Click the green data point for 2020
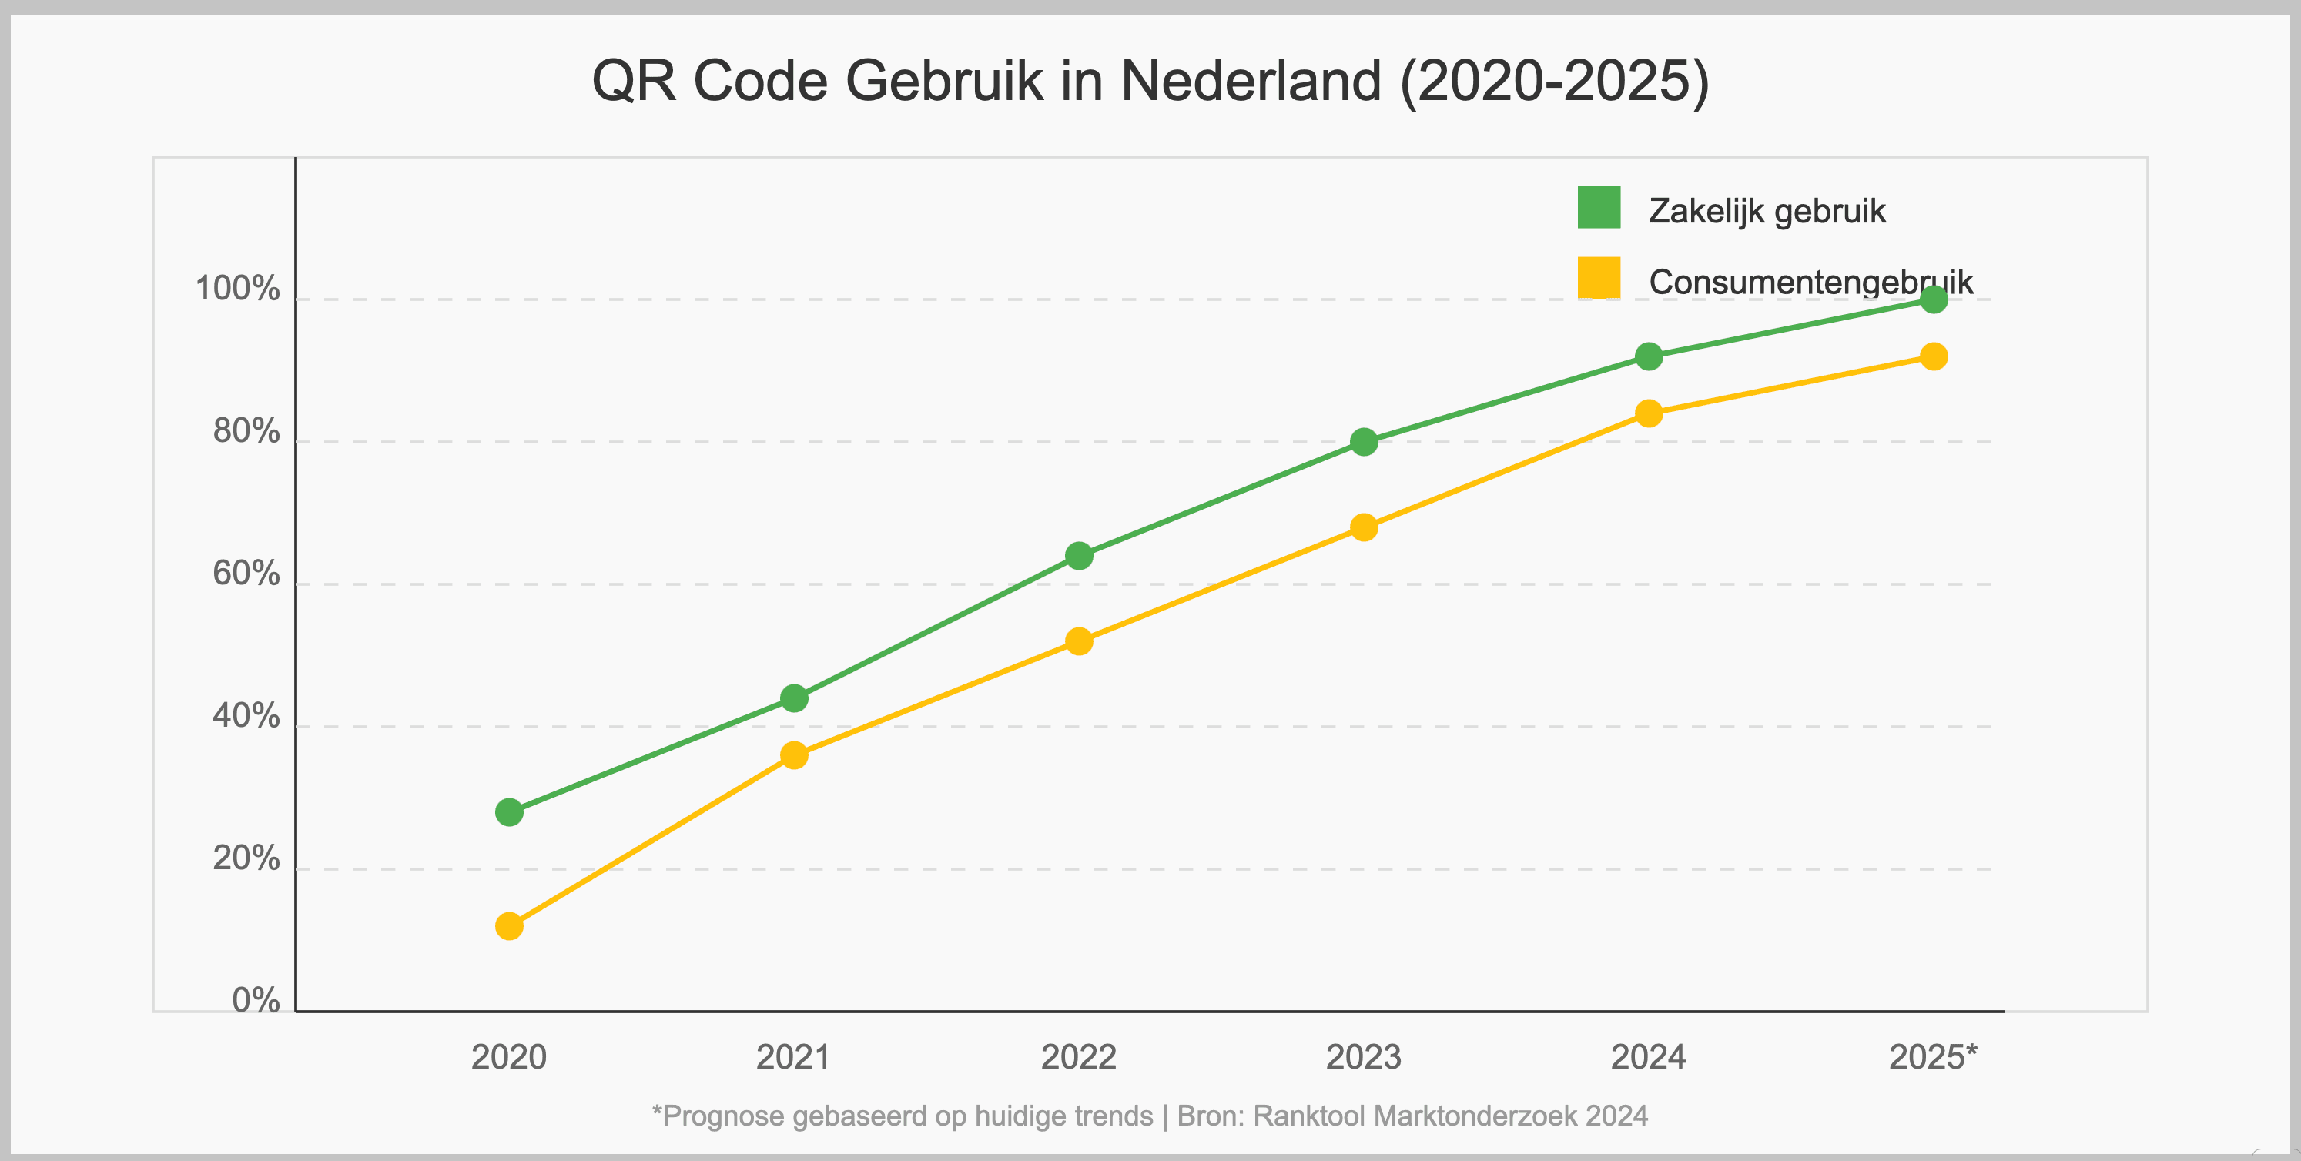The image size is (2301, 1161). pyautogui.click(x=509, y=811)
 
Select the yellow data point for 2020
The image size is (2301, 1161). pyautogui.click(x=509, y=926)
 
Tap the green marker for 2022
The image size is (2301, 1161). pyautogui.click(x=1079, y=556)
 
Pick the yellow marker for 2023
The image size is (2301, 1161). pyautogui.click(x=1364, y=527)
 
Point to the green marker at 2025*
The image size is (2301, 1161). pyautogui.click(x=1934, y=299)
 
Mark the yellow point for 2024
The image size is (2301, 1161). pyautogui.click(x=1649, y=413)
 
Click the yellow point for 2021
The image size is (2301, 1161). pyautogui.click(x=794, y=755)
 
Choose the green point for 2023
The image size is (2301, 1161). pyautogui.click(x=1364, y=441)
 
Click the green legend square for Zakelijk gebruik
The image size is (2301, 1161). pyautogui.click(x=1599, y=207)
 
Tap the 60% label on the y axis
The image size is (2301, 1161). pyautogui.click(x=246, y=574)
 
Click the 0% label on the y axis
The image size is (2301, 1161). pyautogui.click(x=256, y=1000)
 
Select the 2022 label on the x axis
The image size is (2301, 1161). pyautogui.click(x=1079, y=1057)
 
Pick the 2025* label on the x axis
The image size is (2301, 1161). pyautogui.click(x=1933, y=1057)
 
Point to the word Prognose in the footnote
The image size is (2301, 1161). pyautogui.click(x=724, y=1116)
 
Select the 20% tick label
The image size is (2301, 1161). pyautogui.click(x=246, y=858)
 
